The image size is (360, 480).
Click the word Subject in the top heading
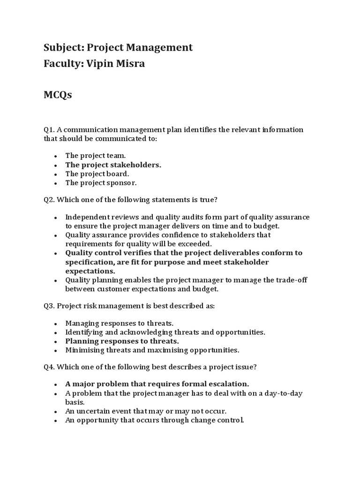[x=61, y=47]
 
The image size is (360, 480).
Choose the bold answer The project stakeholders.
[x=113, y=165]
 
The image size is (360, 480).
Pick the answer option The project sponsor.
[x=101, y=183]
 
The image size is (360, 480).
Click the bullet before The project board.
[x=56, y=174]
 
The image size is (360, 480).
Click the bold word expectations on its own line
[x=90, y=271]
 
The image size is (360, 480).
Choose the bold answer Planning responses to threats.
[x=122, y=341]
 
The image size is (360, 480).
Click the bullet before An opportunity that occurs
[x=56, y=420]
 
